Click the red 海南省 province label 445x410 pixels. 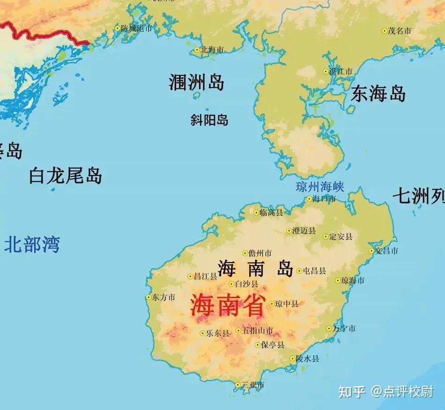tap(227, 307)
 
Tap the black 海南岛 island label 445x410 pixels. tap(255, 269)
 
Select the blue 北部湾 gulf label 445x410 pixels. tap(32, 245)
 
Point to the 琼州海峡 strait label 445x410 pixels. tap(320, 187)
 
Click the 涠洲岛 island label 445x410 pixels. tap(196, 83)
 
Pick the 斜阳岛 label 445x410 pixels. tap(209, 120)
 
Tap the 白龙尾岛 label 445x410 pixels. tap(65, 176)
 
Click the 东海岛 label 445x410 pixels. tap(378, 94)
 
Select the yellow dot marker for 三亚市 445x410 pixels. tap(237, 385)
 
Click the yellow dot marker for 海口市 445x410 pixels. tap(309, 199)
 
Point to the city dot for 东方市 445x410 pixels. tap(149, 297)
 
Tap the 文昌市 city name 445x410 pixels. tap(386, 251)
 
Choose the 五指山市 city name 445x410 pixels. tap(258, 331)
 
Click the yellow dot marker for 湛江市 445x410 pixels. tap(326, 72)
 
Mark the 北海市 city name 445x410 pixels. tap(212, 50)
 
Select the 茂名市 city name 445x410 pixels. tap(399, 31)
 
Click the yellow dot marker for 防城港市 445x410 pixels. tap(118, 28)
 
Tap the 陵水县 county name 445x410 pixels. tap(307, 359)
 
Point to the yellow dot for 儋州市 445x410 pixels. tap(245, 253)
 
